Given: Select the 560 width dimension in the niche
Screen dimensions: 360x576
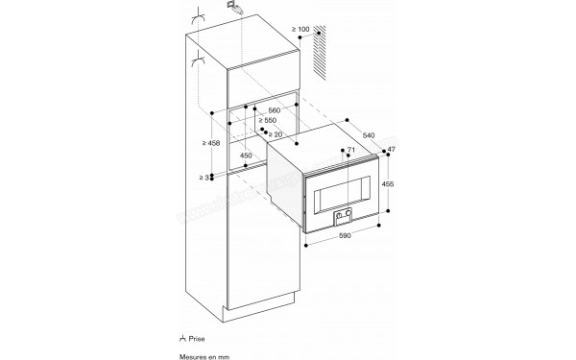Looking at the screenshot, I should coord(276,110).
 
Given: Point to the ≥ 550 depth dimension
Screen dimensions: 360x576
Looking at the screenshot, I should coord(278,122).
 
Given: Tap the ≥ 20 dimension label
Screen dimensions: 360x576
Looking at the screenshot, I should coord(276,133).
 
